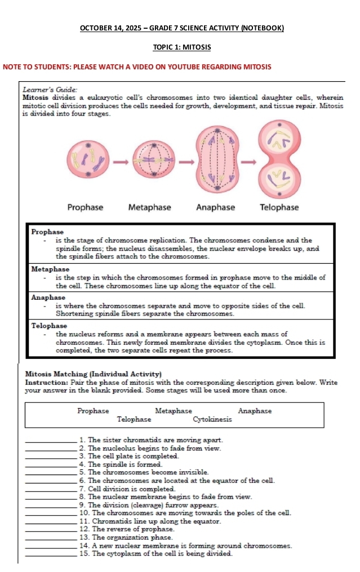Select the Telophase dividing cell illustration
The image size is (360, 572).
278,159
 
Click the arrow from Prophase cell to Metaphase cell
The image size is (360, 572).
119,163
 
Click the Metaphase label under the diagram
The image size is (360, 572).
149,207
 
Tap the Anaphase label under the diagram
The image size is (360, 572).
215,207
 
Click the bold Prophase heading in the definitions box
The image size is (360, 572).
47,232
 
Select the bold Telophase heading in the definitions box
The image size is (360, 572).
49,326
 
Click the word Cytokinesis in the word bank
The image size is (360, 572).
212,419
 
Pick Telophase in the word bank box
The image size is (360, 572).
134,419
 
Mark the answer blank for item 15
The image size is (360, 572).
51,555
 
